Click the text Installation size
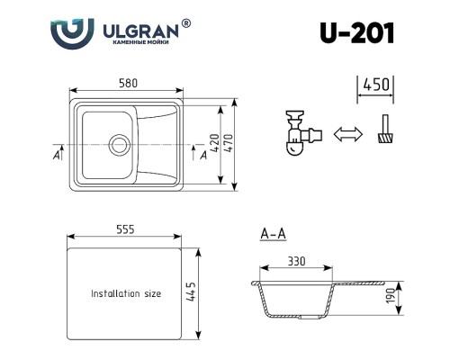pyautogui.click(x=126, y=293)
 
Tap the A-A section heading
pyautogui.click(x=273, y=235)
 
